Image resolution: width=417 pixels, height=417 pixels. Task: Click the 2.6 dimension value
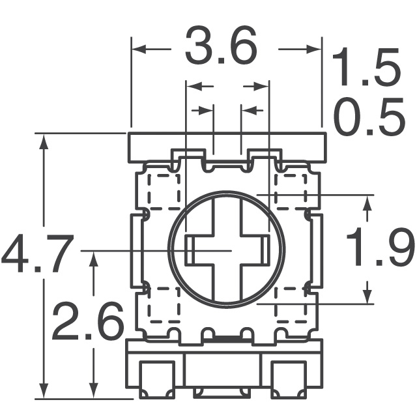[88, 321]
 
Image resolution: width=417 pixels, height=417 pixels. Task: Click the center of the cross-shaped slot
[228, 250]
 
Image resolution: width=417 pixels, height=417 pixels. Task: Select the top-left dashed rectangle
[163, 190]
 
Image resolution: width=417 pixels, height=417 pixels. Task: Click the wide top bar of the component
[226, 145]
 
